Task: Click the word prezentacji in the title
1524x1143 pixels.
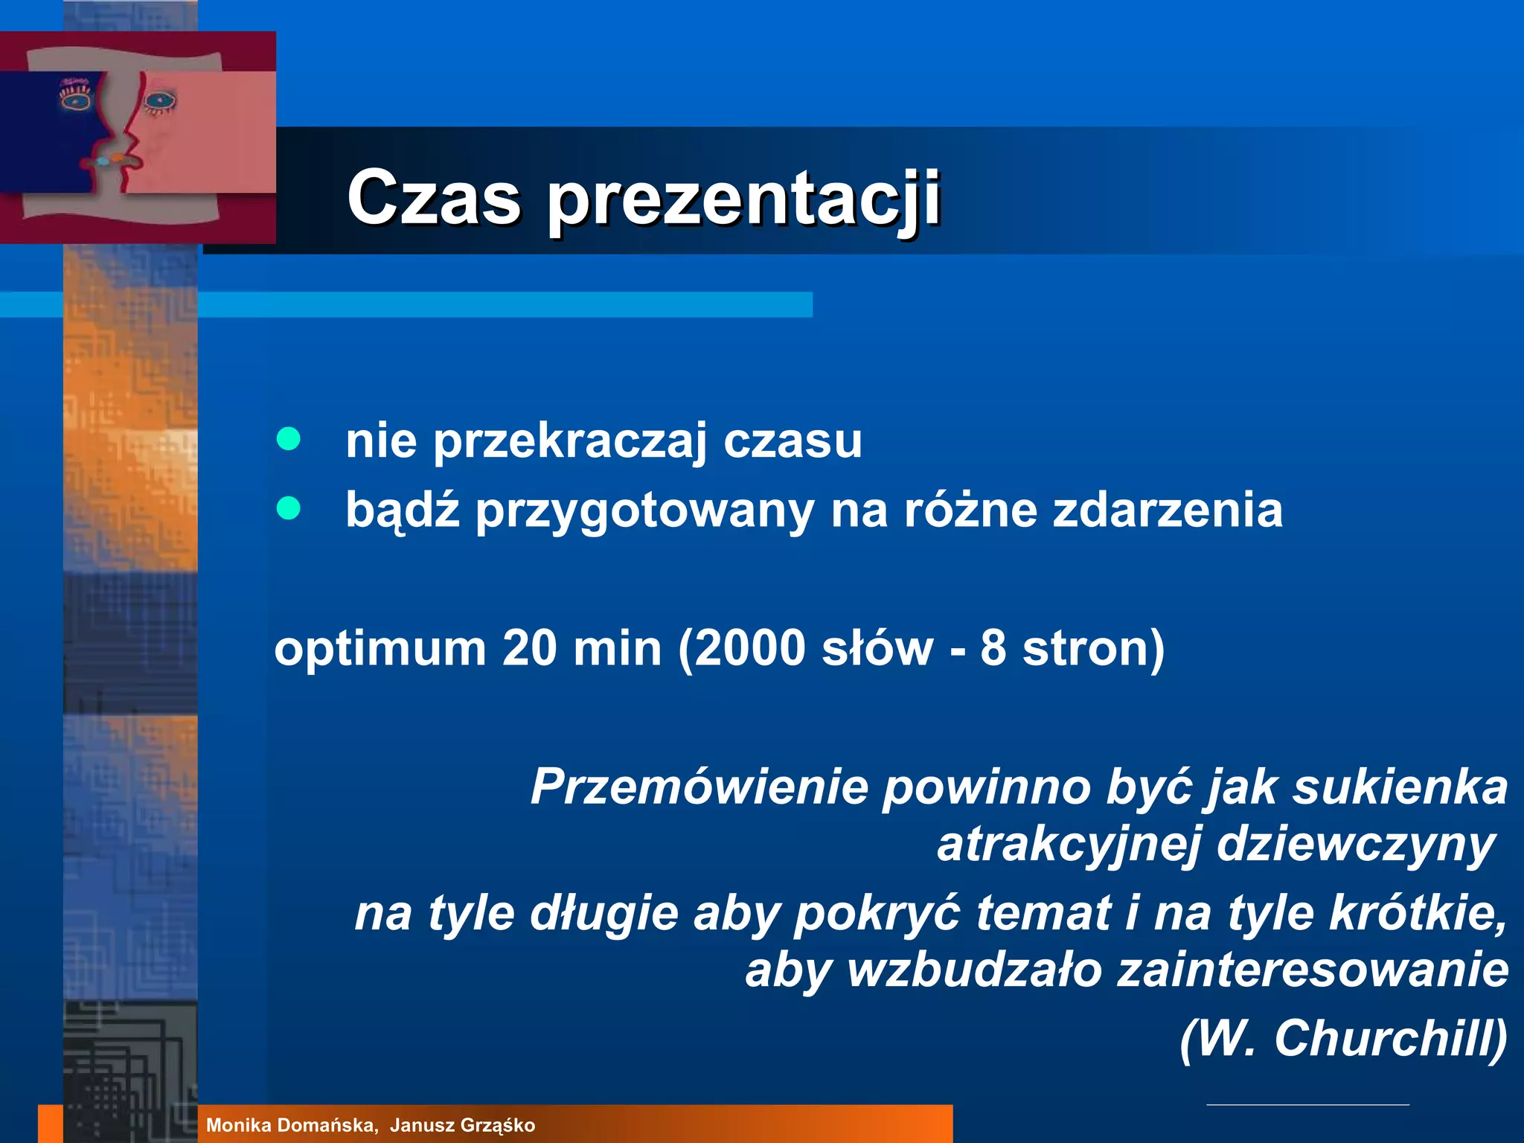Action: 744,199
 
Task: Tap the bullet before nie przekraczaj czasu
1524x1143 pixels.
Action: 288,439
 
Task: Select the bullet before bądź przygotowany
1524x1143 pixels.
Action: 288,509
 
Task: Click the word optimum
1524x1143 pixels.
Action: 380,649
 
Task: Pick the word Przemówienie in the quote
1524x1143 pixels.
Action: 699,787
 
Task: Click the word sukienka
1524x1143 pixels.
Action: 1399,787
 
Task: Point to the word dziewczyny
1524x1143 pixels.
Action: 1354,846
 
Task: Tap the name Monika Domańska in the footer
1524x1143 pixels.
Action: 291,1125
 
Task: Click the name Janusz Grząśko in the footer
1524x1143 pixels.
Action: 462,1125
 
